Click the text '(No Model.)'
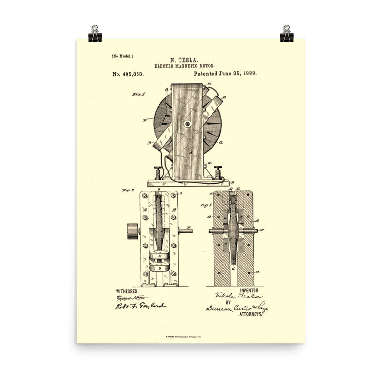(123, 56)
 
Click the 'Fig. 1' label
(138, 95)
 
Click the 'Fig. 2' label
(128, 190)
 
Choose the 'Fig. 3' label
(206, 206)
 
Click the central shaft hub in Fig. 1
(187, 124)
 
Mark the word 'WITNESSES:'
(127, 291)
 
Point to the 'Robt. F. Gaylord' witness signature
(140, 307)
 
